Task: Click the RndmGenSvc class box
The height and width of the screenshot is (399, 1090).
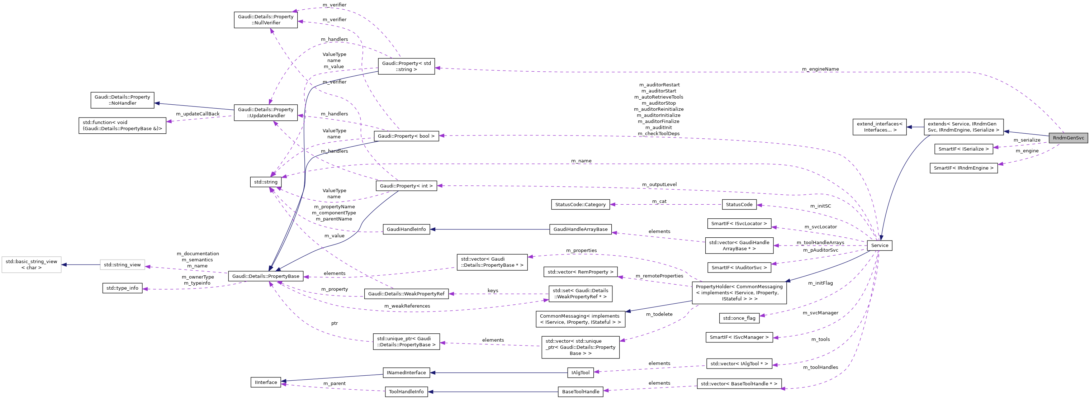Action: pyautogui.click(x=1068, y=138)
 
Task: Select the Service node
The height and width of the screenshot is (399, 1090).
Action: pyautogui.click(x=879, y=246)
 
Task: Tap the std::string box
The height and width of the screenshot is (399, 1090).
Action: pyautogui.click(x=266, y=182)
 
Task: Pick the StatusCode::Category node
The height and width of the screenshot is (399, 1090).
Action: pyautogui.click(x=580, y=204)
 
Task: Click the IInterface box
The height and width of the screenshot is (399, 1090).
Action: pyautogui.click(x=266, y=382)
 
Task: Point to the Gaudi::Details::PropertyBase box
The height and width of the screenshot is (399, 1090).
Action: pyautogui.click(x=266, y=276)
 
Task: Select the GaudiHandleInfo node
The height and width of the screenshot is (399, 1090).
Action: pyautogui.click(x=406, y=229)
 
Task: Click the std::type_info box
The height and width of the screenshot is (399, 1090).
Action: pyautogui.click(x=122, y=288)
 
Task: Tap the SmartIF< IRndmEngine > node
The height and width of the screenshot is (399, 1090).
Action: pyautogui.click(x=963, y=168)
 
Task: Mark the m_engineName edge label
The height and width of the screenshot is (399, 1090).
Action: pyautogui.click(x=820, y=69)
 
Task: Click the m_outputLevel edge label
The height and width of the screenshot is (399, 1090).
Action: pyautogui.click(x=659, y=185)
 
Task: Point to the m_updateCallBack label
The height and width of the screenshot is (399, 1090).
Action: pyautogui.click(x=198, y=114)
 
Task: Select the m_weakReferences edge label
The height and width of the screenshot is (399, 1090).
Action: pyautogui.click(x=407, y=306)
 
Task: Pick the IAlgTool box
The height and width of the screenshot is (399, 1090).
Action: pyautogui.click(x=580, y=373)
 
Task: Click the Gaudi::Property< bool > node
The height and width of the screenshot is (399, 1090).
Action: pyautogui.click(x=406, y=136)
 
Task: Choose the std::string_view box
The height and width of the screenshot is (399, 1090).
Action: pyautogui.click(x=122, y=265)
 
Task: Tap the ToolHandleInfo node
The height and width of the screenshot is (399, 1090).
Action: pyautogui.click(x=406, y=392)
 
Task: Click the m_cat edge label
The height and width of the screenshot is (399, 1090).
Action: pyautogui.click(x=659, y=201)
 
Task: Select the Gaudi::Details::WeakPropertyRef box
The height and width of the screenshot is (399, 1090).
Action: pyautogui.click(x=406, y=294)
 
